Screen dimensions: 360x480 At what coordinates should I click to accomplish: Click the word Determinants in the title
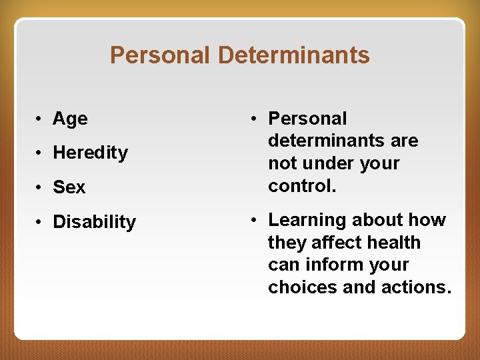(293, 55)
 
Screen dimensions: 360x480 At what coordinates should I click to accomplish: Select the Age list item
(70, 119)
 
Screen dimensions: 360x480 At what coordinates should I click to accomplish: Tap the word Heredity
(90, 153)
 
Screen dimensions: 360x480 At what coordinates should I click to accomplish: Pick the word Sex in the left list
(69, 187)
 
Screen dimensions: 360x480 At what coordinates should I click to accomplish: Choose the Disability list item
(94, 222)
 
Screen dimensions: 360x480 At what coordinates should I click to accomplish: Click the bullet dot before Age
(41, 119)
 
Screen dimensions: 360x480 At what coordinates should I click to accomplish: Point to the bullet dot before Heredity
(41, 153)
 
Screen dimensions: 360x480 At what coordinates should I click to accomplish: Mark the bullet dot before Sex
(41, 187)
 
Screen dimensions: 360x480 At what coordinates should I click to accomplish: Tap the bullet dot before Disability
(41, 222)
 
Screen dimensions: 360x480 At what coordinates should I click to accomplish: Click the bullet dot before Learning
(255, 220)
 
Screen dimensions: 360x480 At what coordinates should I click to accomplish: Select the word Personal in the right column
(307, 119)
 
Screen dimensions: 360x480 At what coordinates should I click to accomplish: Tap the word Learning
(307, 221)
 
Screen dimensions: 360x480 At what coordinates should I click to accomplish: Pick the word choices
(300, 287)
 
